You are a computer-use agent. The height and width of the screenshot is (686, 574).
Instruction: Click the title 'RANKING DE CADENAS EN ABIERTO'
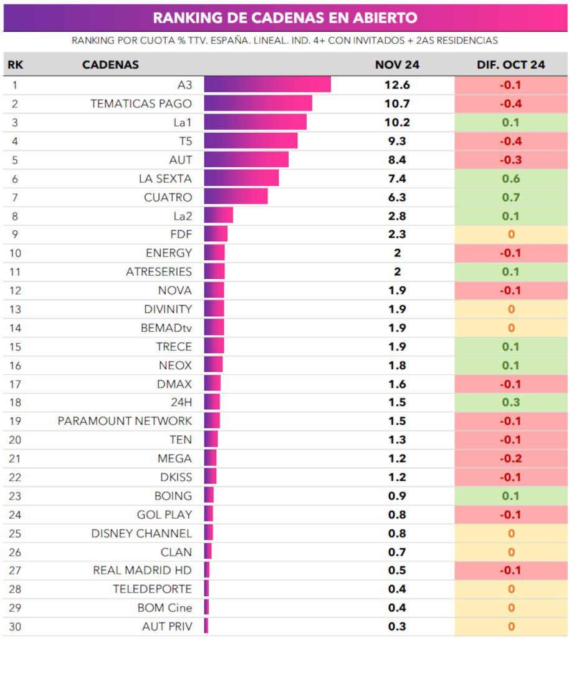pos(285,17)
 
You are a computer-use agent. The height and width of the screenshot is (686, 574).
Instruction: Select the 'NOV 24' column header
pos(397,65)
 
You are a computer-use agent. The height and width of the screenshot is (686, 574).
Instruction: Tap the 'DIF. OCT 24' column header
pos(511,65)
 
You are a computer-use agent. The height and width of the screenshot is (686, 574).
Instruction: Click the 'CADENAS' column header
pos(110,65)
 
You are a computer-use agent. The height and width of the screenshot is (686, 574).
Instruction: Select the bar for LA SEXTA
pos(241,178)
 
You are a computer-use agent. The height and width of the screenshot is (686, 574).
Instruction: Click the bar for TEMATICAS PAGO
pos(257,104)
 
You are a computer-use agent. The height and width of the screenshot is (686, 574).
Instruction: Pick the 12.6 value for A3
pos(397,85)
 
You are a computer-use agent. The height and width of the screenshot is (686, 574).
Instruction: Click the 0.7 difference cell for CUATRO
pos(511,197)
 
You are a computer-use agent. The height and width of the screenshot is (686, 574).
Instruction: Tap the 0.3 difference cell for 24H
pos(511,402)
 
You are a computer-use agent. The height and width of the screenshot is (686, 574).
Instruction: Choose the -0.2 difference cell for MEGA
pos(511,458)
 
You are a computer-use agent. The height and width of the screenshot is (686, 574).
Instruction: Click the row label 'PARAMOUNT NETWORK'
pos(125,421)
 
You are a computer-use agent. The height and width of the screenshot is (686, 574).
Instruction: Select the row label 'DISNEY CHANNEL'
pos(141,533)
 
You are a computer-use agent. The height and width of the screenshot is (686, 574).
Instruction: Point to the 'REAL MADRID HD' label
pos(142,570)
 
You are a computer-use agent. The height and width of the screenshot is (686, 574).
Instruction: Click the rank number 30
pos(15,626)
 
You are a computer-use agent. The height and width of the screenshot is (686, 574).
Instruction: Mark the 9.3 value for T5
pos(397,141)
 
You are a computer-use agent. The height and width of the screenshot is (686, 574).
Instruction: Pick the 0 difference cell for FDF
pos(511,234)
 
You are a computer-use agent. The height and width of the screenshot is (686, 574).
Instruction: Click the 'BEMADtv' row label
pos(166,327)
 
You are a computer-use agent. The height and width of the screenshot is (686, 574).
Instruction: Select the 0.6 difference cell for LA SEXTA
pos(511,178)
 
